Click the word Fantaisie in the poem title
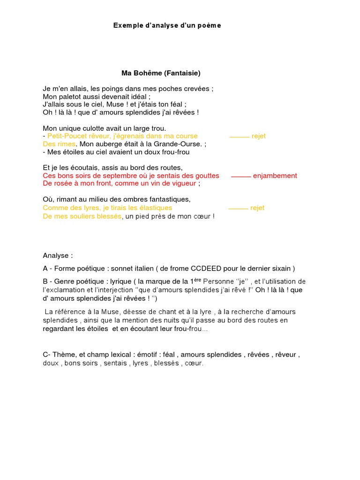click(x=182, y=73)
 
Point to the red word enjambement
click(x=275, y=176)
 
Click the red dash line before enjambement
click(x=241, y=177)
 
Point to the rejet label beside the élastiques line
click(x=257, y=208)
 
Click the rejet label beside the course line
click(x=258, y=136)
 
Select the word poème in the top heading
click(x=211, y=25)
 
